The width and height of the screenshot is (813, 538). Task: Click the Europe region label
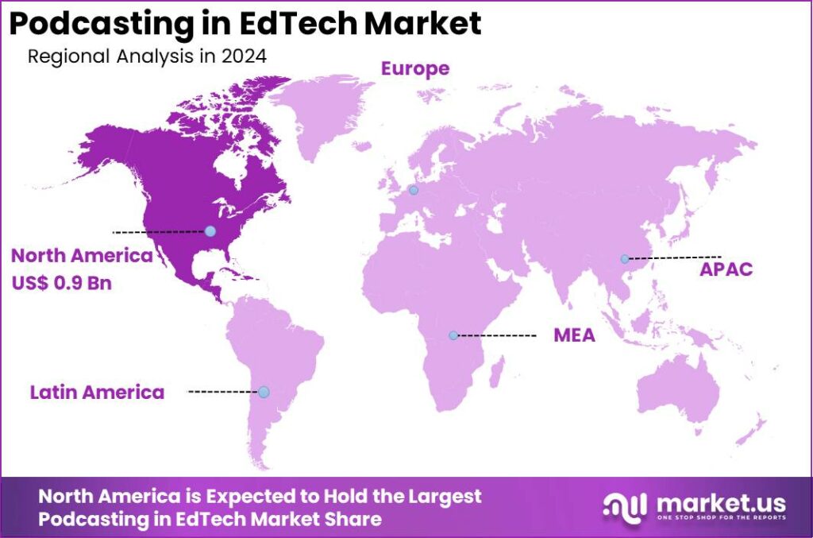[414, 69]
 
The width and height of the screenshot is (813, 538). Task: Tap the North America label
[81, 256]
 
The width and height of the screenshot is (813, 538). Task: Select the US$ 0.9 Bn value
[61, 282]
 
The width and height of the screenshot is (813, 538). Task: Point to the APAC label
[726, 269]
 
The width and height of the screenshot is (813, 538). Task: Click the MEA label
[574, 336]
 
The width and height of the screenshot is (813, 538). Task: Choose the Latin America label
[97, 392]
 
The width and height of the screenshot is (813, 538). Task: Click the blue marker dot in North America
[210, 230]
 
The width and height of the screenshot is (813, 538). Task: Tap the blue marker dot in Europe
[412, 190]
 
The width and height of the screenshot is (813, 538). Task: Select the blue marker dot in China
[625, 258]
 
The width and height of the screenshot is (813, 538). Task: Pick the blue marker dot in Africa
[453, 335]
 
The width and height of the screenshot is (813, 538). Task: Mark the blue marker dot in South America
[264, 392]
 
